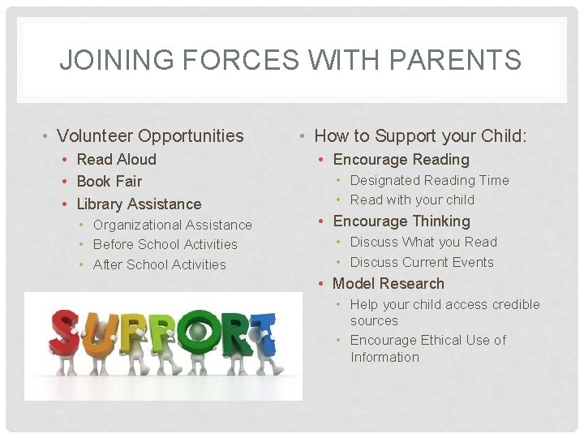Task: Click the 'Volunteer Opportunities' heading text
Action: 150,135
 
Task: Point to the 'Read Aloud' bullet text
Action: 116,159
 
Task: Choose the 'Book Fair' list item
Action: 109,181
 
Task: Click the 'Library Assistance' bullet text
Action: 139,204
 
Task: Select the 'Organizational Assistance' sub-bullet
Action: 172,225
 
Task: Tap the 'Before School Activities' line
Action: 165,244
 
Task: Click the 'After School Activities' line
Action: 159,264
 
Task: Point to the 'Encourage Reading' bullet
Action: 401,160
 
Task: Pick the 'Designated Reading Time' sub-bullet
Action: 429,180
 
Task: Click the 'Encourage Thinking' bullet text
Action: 401,221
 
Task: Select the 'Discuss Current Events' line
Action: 421,262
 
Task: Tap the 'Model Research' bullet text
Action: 389,284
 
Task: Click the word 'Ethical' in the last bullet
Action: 444,340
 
